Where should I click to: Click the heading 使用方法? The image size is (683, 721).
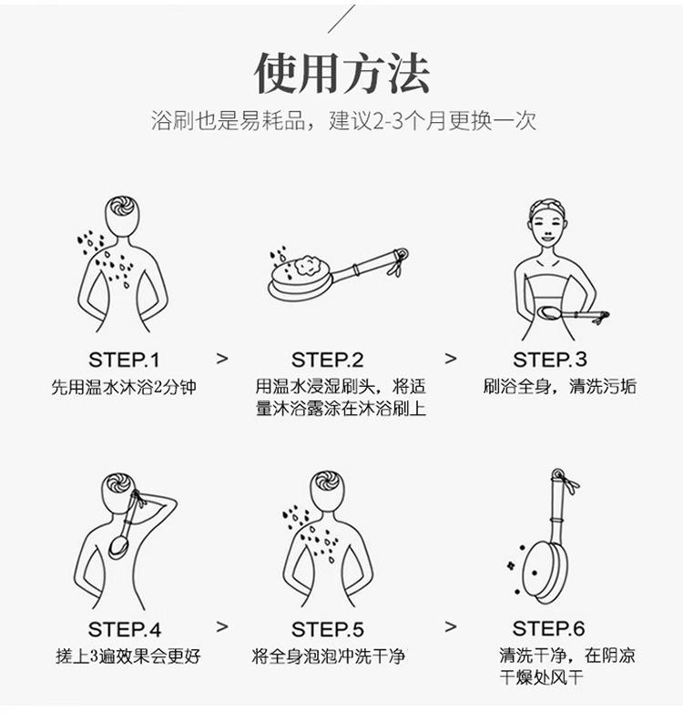point(342,74)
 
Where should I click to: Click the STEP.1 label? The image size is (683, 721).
point(124,360)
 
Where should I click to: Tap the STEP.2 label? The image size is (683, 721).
point(328,360)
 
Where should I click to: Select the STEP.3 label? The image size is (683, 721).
point(550,360)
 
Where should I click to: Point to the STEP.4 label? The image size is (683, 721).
point(124,629)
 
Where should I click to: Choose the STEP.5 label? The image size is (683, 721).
point(328,629)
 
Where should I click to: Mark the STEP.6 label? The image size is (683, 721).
point(549,628)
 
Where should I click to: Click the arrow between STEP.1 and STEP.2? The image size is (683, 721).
point(222,359)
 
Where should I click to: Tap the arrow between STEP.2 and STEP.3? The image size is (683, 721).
point(451,359)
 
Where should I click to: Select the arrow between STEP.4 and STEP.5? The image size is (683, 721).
point(222,626)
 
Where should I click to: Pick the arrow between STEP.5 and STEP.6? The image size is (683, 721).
point(451,626)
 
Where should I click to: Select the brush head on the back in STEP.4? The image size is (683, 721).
point(118,547)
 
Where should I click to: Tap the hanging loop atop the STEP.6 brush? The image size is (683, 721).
point(558,474)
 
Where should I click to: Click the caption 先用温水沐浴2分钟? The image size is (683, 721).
point(124,387)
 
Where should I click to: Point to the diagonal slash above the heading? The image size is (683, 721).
point(341,19)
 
